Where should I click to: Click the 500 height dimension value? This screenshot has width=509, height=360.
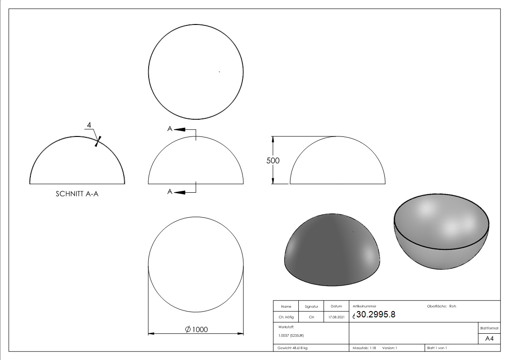[273, 161]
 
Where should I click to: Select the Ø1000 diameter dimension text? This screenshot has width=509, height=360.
[196, 329]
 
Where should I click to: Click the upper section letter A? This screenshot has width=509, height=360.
[170, 129]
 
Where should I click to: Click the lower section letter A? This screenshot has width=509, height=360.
[170, 192]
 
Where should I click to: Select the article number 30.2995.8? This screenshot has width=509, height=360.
[376, 315]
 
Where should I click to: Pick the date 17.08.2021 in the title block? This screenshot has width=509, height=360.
[336, 317]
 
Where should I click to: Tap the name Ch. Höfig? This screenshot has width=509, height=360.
[286, 317]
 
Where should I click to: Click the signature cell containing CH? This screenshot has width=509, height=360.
[311, 317]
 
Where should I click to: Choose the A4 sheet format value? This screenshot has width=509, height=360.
[489, 339]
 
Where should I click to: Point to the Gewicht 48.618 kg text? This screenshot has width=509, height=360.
[293, 348]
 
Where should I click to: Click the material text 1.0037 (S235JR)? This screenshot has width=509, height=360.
[291, 335]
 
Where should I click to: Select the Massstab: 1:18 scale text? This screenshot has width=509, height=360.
[364, 348]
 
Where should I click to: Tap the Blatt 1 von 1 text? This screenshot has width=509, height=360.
[437, 348]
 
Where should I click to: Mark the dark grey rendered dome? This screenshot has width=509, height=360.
[332, 249]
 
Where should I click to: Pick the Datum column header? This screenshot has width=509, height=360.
[336, 306]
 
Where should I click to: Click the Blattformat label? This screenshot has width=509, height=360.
[489, 328]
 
